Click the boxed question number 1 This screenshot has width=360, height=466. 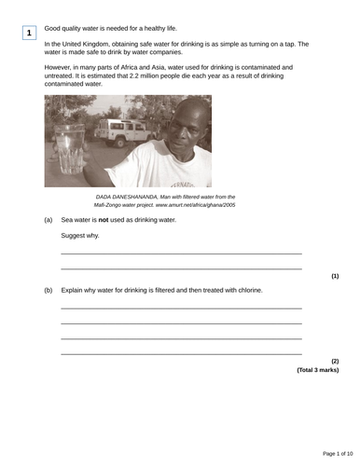tap(29, 34)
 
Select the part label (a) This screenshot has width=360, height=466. tap(48, 220)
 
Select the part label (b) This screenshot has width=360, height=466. tap(48, 290)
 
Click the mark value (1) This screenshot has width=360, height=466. tap(335, 276)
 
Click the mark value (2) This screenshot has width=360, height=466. tap(335, 361)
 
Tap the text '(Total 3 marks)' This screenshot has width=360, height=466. tap(318, 370)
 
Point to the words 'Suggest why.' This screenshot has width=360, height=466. tap(80, 236)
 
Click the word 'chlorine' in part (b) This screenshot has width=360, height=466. tap(245, 290)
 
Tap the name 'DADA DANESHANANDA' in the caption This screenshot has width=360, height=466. tap(127, 197)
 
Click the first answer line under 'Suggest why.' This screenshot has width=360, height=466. tap(181, 254)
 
